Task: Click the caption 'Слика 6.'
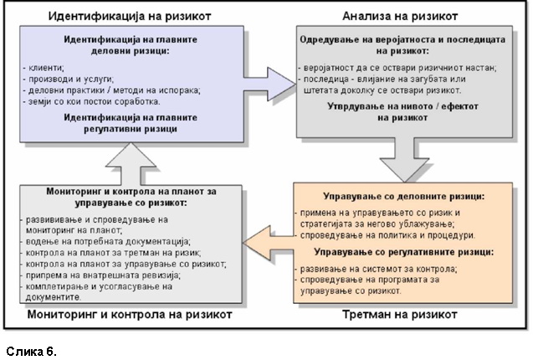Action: coord(31,351)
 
